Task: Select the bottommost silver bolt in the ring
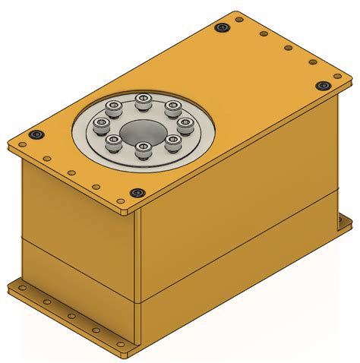pyautogui.click(x=140, y=150)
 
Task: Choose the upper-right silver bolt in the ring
pyautogui.click(x=172, y=106)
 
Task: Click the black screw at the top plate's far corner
pyautogui.click(x=221, y=27)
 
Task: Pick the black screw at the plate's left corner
pyautogui.click(x=35, y=135)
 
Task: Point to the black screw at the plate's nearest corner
pyautogui.click(x=137, y=193)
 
